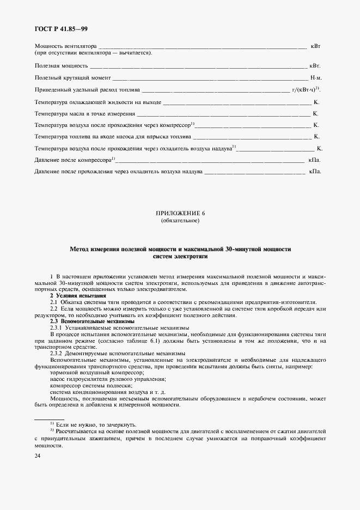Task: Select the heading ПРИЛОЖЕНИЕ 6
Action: tap(180, 214)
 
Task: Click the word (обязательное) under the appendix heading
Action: tap(180, 221)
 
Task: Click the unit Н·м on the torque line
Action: tap(316, 78)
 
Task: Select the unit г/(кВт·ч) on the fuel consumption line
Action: tap(306, 90)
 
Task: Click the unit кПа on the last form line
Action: tap(314, 172)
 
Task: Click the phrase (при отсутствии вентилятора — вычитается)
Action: tap(93, 53)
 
